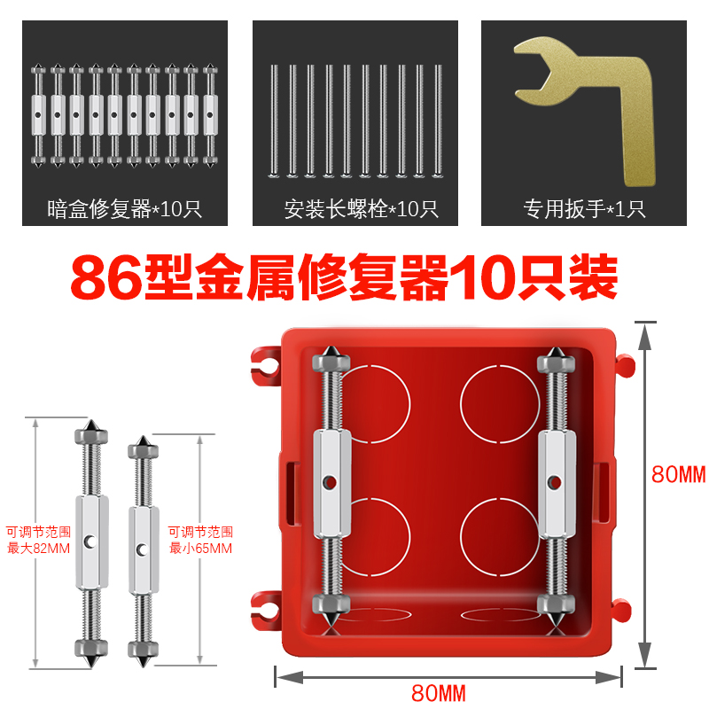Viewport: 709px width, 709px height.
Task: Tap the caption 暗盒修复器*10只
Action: [125, 210]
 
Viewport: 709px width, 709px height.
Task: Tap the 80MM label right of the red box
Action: [680, 474]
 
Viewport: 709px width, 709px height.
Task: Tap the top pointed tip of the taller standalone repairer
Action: [90, 424]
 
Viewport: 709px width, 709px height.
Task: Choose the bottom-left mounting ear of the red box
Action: [265, 605]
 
